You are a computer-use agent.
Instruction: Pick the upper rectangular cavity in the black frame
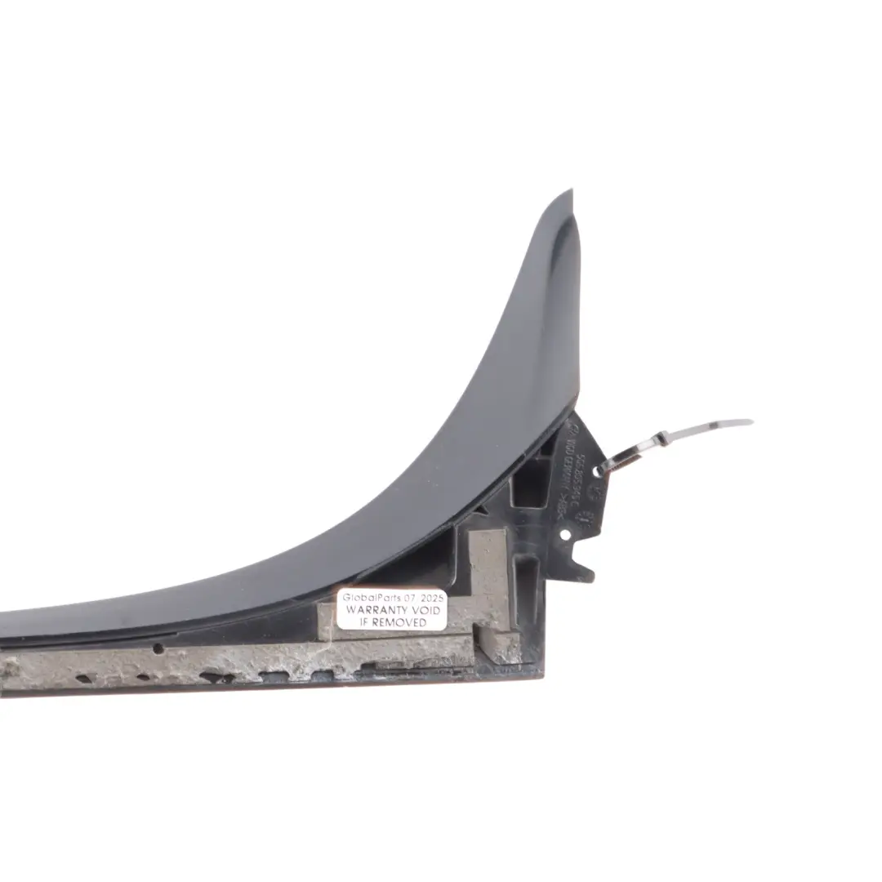point(530,483)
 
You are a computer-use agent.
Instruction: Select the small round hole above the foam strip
point(158,648)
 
